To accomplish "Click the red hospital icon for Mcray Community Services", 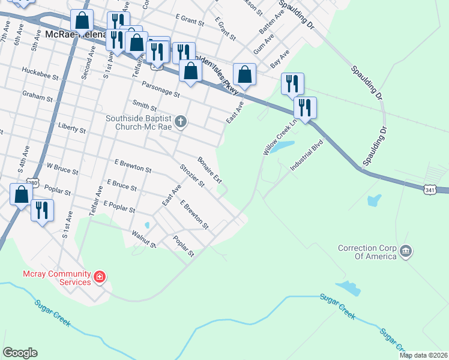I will point(100,278).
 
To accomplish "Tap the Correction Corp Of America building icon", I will point(405,250).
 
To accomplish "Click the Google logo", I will point(20,352).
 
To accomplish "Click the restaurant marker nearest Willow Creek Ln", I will point(305,108).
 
